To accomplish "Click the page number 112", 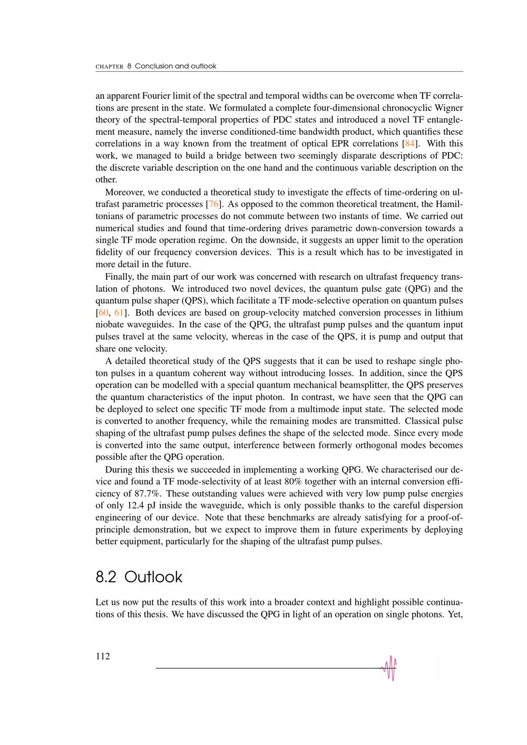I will pyautogui.click(x=103, y=656).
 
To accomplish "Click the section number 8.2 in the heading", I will pyautogui.click(x=106, y=577).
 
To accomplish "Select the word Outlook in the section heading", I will pyautogui.click(x=153, y=577).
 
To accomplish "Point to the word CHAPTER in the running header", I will pyautogui.click(x=109, y=66).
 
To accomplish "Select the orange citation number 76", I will pyautogui.click(x=213, y=204).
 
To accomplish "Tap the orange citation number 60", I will pyautogui.click(x=103, y=312).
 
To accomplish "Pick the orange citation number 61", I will pyautogui.click(x=119, y=312).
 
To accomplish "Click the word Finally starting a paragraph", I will pyautogui.click(x=119, y=277).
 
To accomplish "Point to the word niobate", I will pyautogui.click(x=110, y=325).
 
